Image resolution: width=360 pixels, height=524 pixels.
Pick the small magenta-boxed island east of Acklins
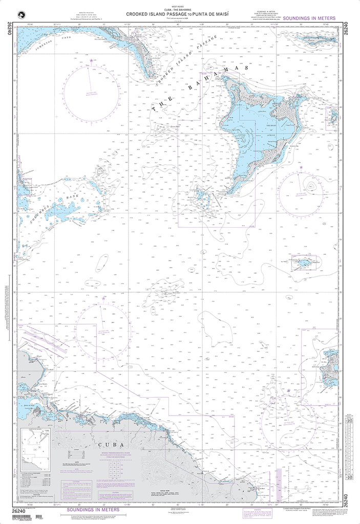pyautogui.click(x=333, y=117)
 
